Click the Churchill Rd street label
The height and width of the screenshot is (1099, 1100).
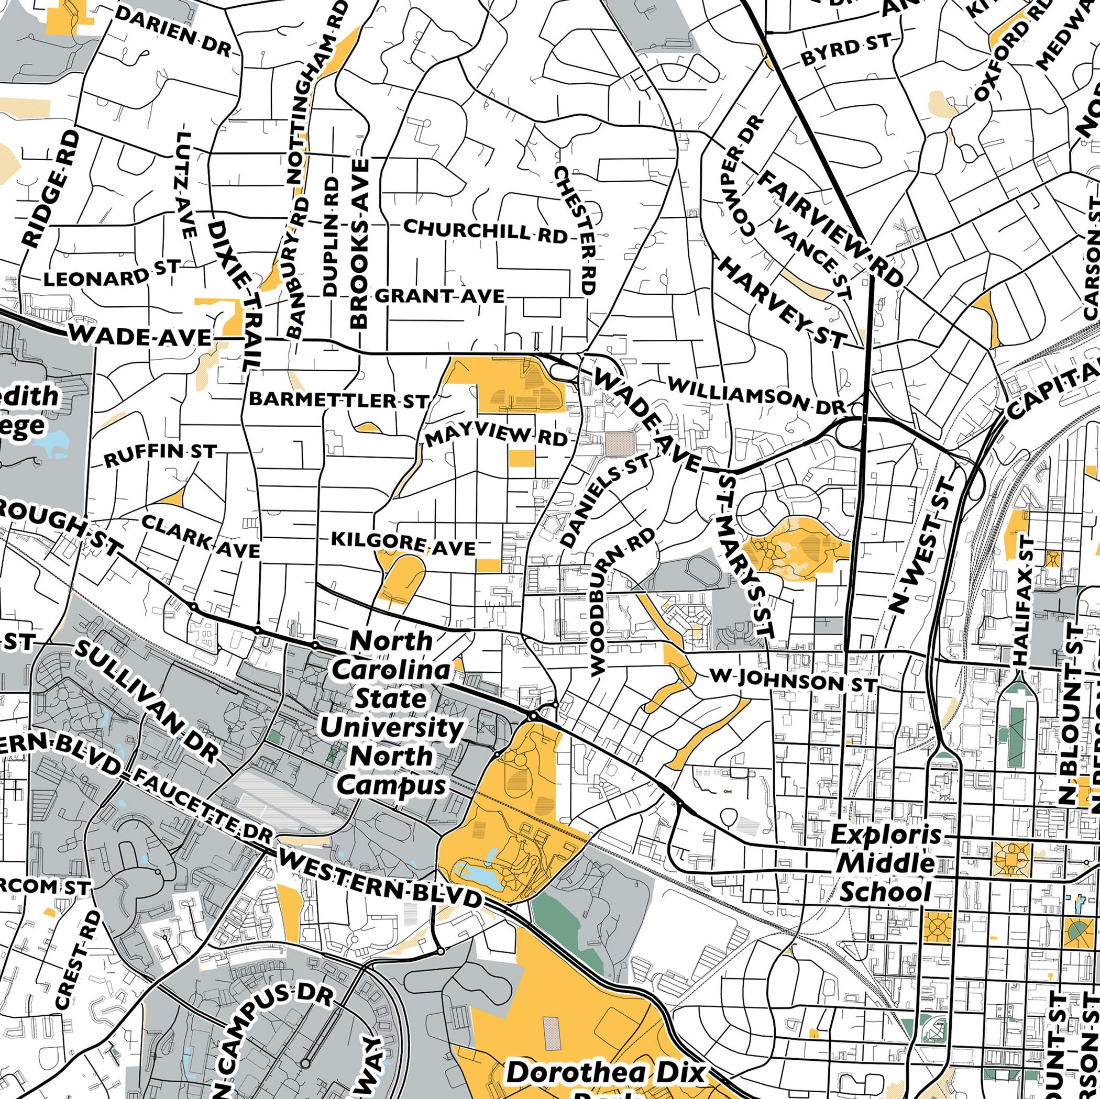point(485,230)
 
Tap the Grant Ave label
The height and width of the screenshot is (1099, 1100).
point(439,296)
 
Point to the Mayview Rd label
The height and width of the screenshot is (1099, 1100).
point(496,437)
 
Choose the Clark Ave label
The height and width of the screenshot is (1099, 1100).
point(200,536)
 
